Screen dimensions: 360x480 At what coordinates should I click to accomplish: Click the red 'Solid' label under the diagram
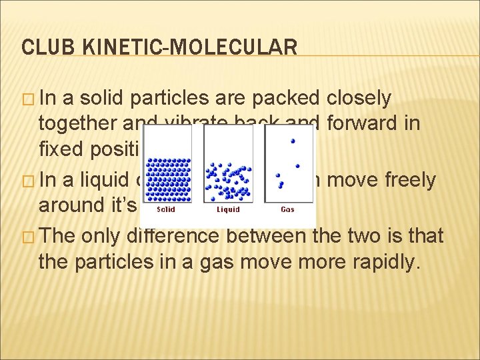(x=166, y=209)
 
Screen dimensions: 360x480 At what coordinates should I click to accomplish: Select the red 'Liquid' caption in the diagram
(x=227, y=209)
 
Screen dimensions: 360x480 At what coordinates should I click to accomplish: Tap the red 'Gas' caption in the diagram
(x=287, y=209)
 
